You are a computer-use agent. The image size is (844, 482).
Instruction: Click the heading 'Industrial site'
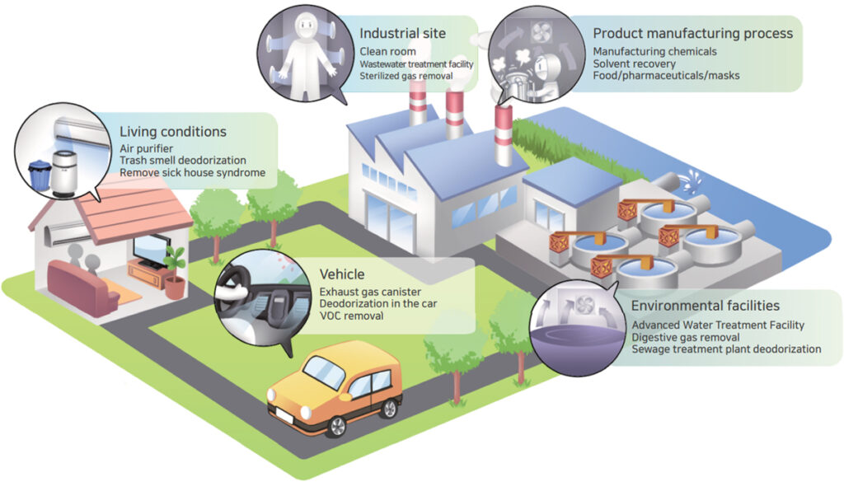point(402,33)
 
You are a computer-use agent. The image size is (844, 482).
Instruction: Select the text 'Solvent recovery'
point(634,63)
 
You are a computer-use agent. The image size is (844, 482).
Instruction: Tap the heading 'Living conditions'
point(172,132)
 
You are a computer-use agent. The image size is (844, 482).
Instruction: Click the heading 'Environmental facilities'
point(706,307)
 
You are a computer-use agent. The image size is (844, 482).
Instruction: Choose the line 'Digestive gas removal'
point(687,337)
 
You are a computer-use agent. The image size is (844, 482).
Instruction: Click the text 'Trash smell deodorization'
point(183,160)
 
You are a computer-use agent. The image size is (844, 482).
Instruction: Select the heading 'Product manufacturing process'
point(692,33)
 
